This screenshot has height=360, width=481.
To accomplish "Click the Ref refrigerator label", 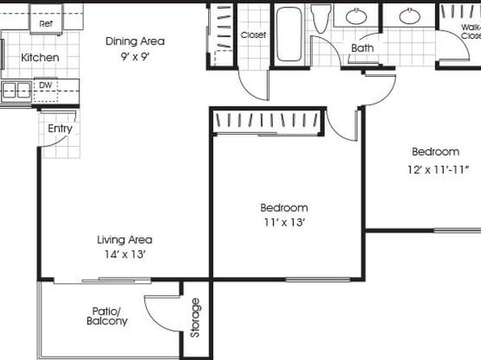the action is tap(46, 23).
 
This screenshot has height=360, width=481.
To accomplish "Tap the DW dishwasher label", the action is tap(45, 86).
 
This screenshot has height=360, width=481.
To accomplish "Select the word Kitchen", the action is tap(40, 57).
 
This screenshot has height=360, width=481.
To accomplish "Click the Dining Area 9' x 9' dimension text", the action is tap(135, 57).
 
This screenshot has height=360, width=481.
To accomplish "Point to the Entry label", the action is tap(60, 128).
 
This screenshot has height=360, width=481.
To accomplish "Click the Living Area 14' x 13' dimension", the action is tap(124, 254).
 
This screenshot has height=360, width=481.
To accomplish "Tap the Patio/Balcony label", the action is tap(107, 316).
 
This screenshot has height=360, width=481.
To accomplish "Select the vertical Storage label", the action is tap(195, 318).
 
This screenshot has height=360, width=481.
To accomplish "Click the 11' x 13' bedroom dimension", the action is tap(284, 222).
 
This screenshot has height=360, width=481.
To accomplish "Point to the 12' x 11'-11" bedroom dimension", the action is tap(438, 170).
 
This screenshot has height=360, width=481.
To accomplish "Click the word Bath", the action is tap(362, 48).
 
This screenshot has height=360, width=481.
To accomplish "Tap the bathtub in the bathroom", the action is tap(289, 35).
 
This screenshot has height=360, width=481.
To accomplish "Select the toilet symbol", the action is tap(320, 18).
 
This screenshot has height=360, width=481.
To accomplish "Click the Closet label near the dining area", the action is tap(253, 35).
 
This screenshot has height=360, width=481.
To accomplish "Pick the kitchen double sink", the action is tap(17, 91).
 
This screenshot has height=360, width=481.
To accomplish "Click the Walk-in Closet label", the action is tap(471, 31).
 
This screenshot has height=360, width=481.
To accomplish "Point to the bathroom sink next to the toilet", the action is tap(356, 16).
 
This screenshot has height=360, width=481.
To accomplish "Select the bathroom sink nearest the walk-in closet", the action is tap(410, 16).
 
